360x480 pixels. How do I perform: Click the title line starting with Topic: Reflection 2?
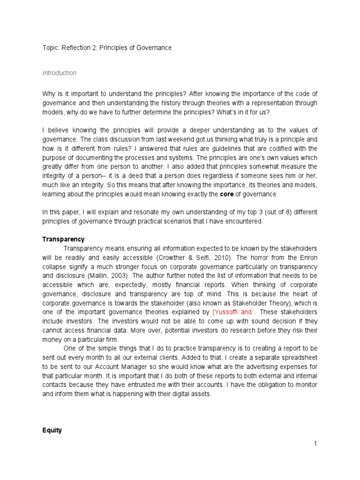pyautogui.click(x=107, y=48)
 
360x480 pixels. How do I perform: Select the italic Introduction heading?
pyautogui.click(x=60, y=73)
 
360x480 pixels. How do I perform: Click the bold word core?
pyautogui.click(x=227, y=194)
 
